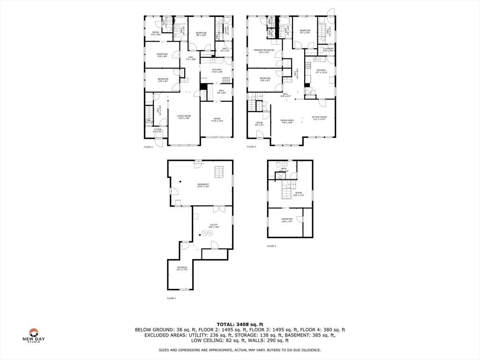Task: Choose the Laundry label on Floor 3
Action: pos(329,49)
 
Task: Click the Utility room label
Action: pos(214,226)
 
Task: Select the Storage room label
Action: pos(182,268)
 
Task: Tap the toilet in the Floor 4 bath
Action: pos(278,165)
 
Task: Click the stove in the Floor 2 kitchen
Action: pos(226,79)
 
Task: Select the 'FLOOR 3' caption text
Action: pos(252,147)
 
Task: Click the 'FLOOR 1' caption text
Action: pos(172,298)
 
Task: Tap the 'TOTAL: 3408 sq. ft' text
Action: pos(240,324)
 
